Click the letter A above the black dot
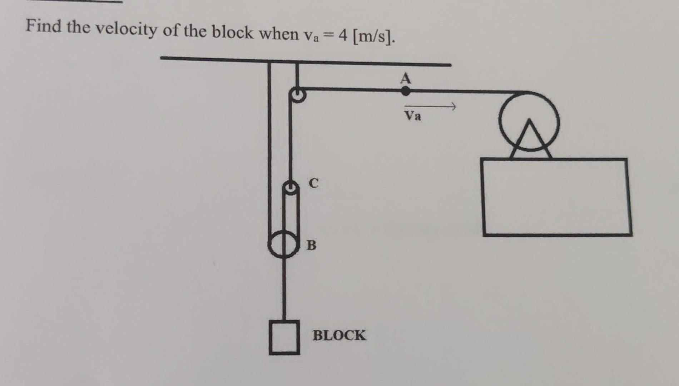click(406, 78)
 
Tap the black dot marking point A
click(406, 91)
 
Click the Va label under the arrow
click(413, 116)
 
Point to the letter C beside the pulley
click(313, 183)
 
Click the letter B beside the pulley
click(311, 245)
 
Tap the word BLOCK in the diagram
click(339, 335)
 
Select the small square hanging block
click(284, 337)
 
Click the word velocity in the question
click(127, 29)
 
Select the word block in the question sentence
click(232, 33)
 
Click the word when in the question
click(279, 34)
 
